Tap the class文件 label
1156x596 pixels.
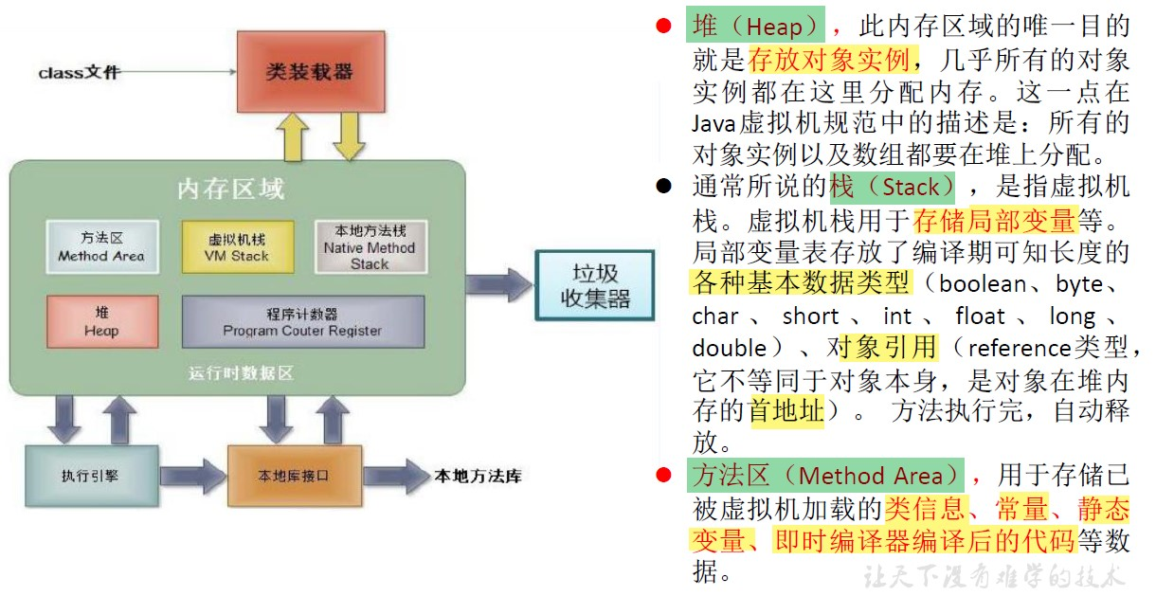[x=79, y=72]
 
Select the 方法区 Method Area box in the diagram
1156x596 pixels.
[x=100, y=246]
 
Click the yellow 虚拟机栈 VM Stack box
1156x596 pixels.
[x=237, y=247]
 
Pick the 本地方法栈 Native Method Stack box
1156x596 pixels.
[x=370, y=246]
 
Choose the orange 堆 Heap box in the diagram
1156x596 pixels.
[x=100, y=322]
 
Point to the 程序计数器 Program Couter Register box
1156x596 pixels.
[x=302, y=322]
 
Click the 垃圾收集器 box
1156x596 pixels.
[x=594, y=288]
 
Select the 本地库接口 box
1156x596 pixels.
[x=294, y=475]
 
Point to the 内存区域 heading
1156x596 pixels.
[x=230, y=189]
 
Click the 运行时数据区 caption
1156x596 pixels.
[x=241, y=373]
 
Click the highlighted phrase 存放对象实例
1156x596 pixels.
[x=829, y=60]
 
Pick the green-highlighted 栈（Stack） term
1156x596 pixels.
[x=893, y=187]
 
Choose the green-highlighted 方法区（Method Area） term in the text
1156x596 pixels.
[x=828, y=476]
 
